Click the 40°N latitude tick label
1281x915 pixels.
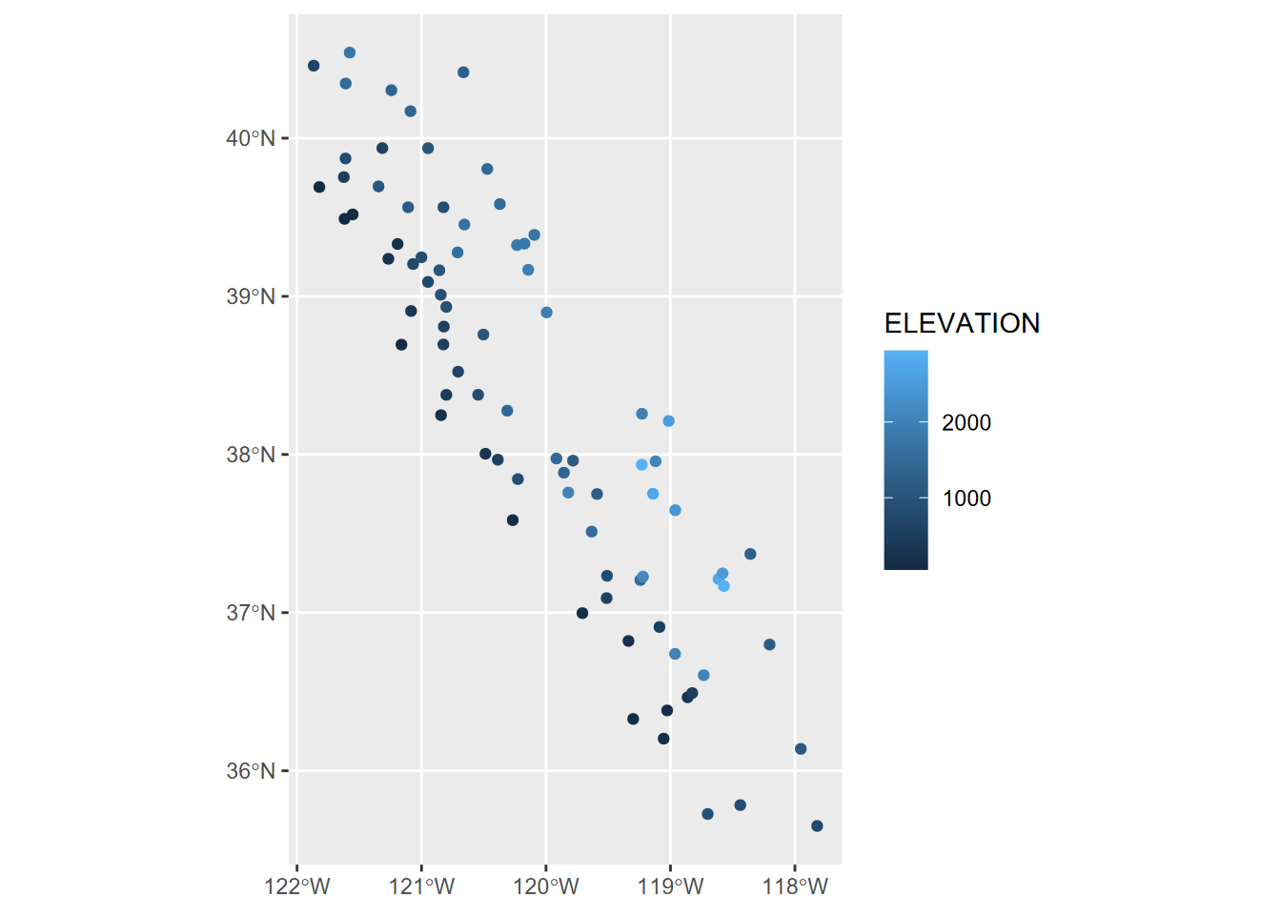click(x=251, y=138)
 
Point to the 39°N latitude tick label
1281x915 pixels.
click(x=251, y=296)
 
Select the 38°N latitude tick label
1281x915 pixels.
click(x=251, y=455)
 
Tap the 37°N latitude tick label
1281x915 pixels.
click(x=251, y=613)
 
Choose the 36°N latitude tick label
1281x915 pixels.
click(x=251, y=771)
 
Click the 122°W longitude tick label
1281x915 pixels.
click(x=297, y=887)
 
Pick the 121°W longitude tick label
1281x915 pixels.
click(x=422, y=887)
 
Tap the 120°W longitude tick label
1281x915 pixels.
click(x=546, y=887)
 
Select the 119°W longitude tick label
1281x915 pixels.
click(x=671, y=887)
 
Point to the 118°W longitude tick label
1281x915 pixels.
click(x=796, y=887)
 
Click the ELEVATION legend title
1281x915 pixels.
click(x=962, y=324)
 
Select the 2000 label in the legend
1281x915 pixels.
click(x=966, y=423)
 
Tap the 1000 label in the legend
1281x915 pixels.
click(x=966, y=498)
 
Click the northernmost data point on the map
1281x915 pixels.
click(x=350, y=52)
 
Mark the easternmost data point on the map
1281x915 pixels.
click(x=817, y=826)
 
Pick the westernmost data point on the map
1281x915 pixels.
click(x=314, y=66)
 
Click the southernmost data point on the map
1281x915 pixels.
click(x=817, y=826)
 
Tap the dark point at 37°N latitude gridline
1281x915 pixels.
click(x=582, y=613)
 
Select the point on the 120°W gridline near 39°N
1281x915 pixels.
click(x=546, y=313)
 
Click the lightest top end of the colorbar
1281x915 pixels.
click(x=905, y=355)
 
